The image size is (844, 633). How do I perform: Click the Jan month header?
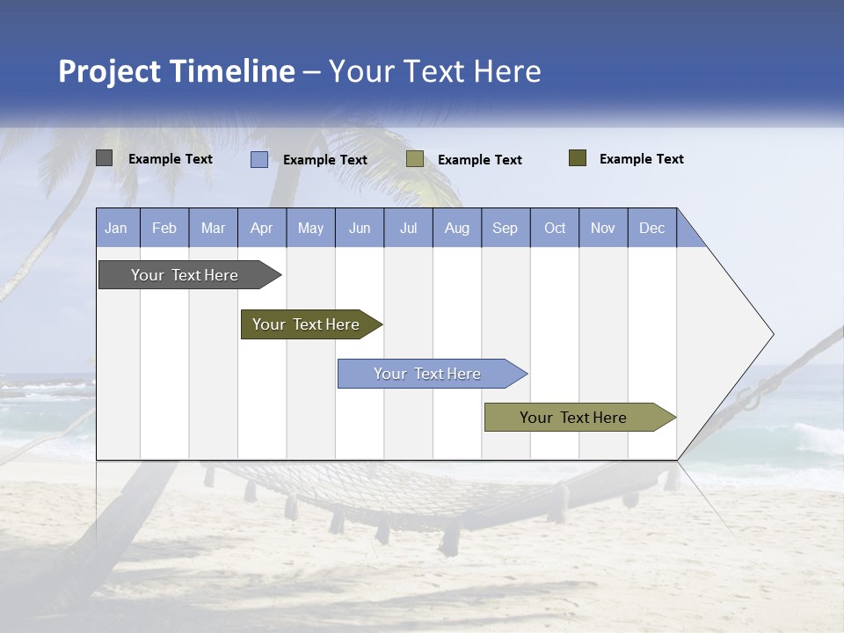[x=117, y=228]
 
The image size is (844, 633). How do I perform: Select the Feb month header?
[x=164, y=228]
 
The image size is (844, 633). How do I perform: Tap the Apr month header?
[x=262, y=228]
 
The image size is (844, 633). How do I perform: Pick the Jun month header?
[x=360, y=228]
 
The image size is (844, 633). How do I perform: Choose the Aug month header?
[x=457, y=228]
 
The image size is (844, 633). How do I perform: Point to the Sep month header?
[x=506, y=228]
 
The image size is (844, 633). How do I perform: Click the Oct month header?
[x=555, y=228]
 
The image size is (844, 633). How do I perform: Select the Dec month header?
[x=652, y=228]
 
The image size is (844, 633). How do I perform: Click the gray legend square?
[x=105, y=158]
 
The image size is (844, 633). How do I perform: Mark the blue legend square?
[x=259, y=159]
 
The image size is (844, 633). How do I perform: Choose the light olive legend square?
[x=415, y=159]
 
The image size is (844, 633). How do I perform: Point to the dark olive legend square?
[x=578, y=158]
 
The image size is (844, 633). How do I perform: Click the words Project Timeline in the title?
[x=176, y=71]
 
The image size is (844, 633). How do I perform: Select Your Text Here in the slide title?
[x=435, y=71]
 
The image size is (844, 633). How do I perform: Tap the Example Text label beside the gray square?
[x=171, y=159]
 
